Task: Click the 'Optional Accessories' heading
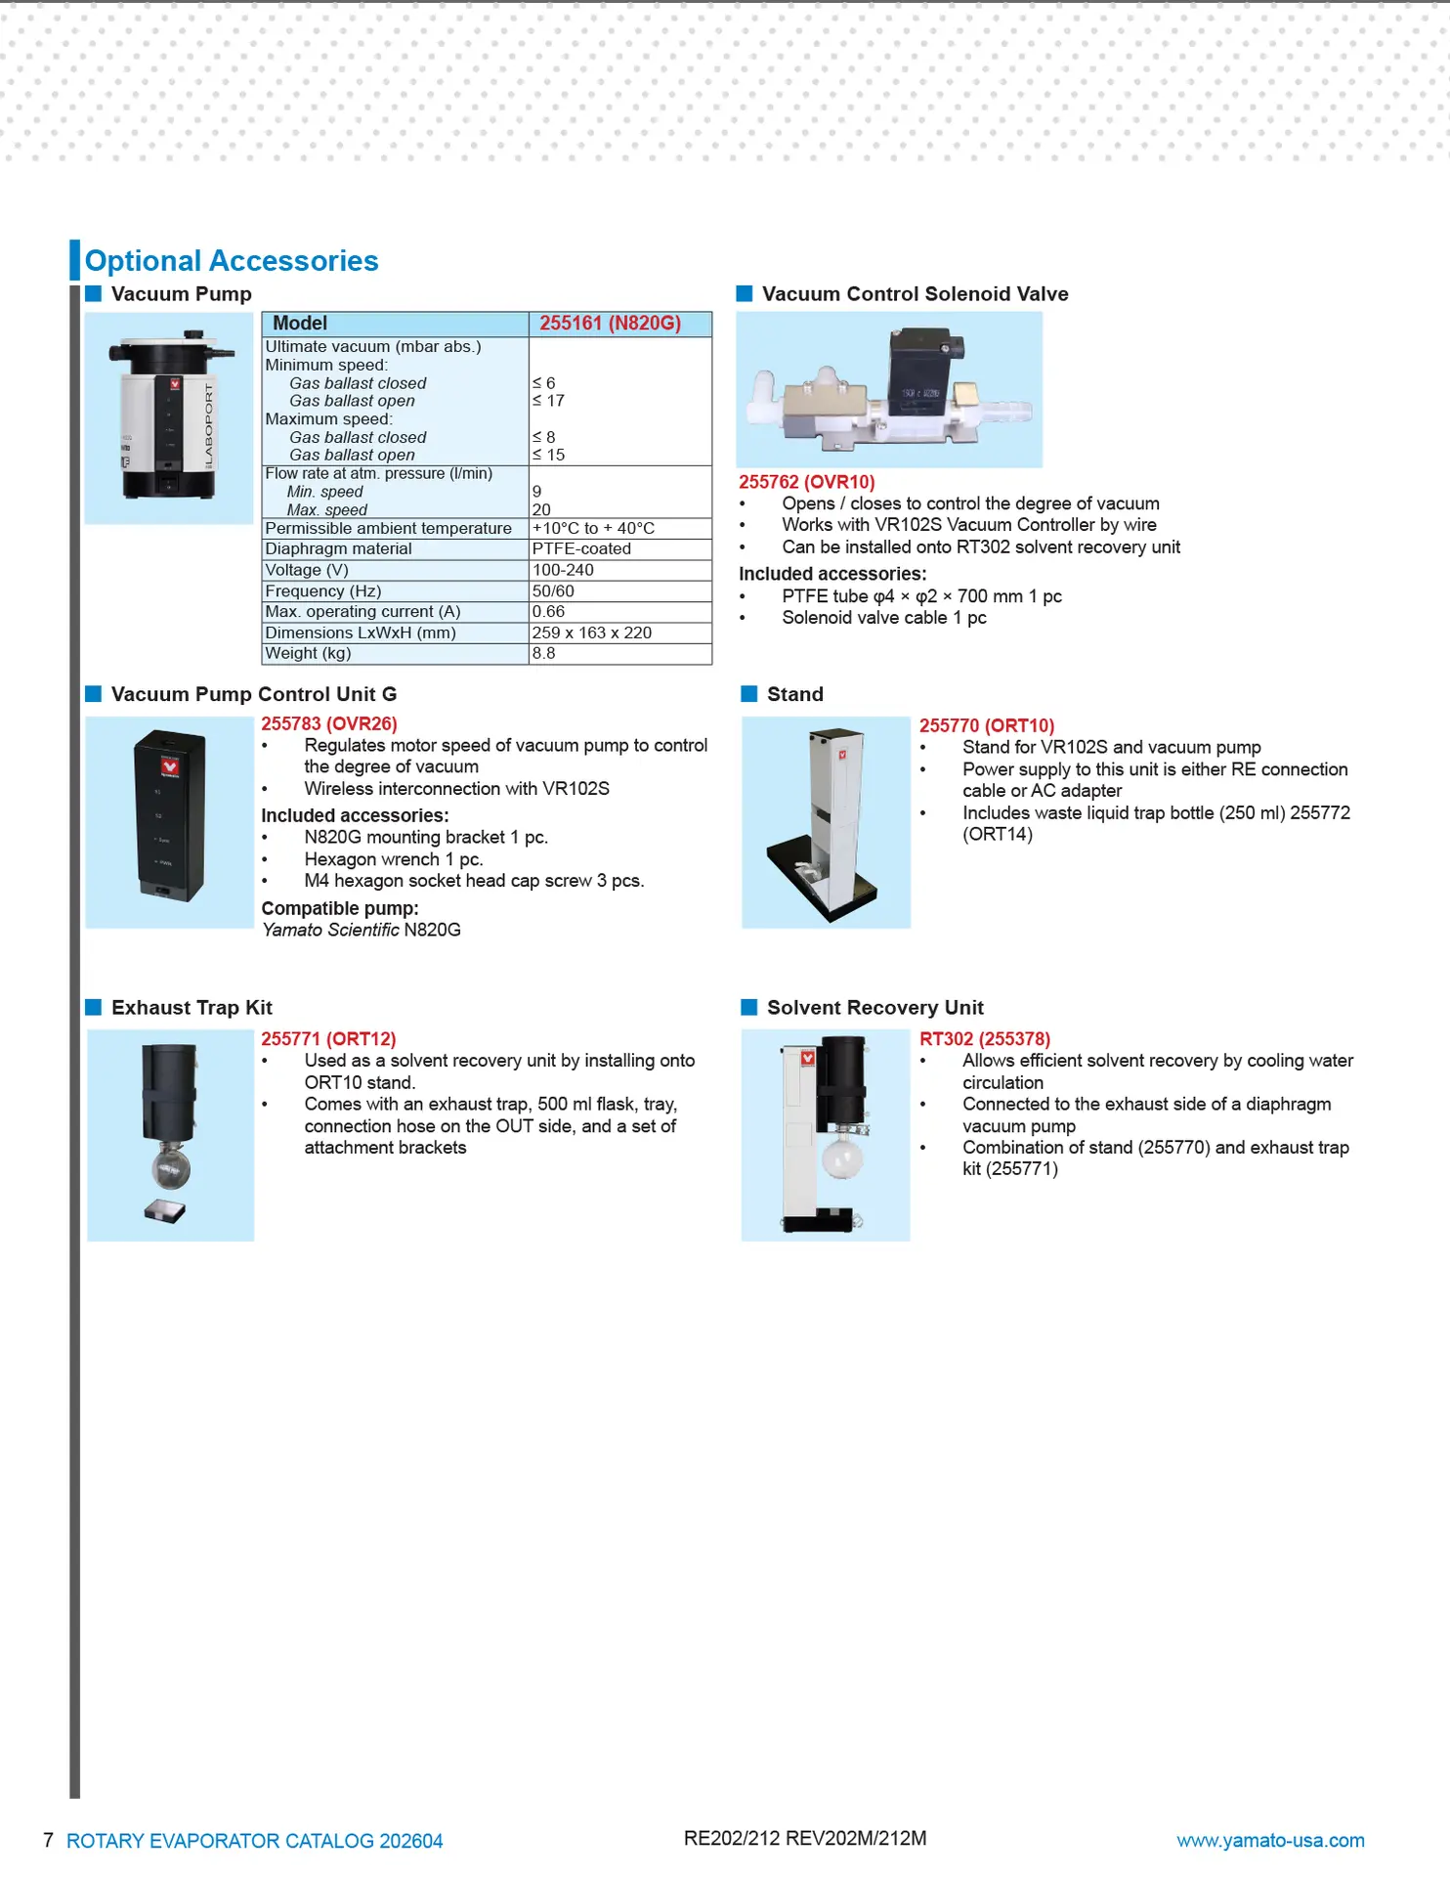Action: pyautogui.click(x=232, y=261)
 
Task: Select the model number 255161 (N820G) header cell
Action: pyautogui.click(x=610, y=324)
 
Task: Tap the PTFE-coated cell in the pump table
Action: pyautogui.click(x=581, y=549)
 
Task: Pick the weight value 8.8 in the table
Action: pyautogui.click(x=543, y=653)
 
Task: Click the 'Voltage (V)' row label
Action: pyautogui.click(x=307, y=570)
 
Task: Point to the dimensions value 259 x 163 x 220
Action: pyautogui.click(x=591, y=633)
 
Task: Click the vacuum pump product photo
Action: pyautogui.click(x=169, y=418)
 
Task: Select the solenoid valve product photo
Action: pyautogui.click(x=888, y=389)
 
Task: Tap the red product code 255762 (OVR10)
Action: pyautogui.click(x=806, y=482)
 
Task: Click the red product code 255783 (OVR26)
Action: pyautogui.click(x=328, y=723)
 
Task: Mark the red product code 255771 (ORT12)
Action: pyautogui.click(x=328, y=1039)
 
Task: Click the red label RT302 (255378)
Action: pyautogui.click(x=984, y=1039)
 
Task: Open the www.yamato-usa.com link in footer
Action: pyautogui.click(x=1269, y=1841)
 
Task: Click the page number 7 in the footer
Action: pyautogui.click(x=48, y=1841)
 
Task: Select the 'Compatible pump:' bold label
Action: pyautogui.click(x=339, y=908)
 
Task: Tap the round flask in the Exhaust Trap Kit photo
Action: pyautogui.click(x=170, y=1168)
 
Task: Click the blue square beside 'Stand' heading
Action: pyautogui.click(x=749, y=694)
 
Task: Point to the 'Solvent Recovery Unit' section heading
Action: pyautogui.click(x=874, y=1008)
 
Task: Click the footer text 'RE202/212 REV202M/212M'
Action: pyautogui.click(x=804, y=1839)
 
